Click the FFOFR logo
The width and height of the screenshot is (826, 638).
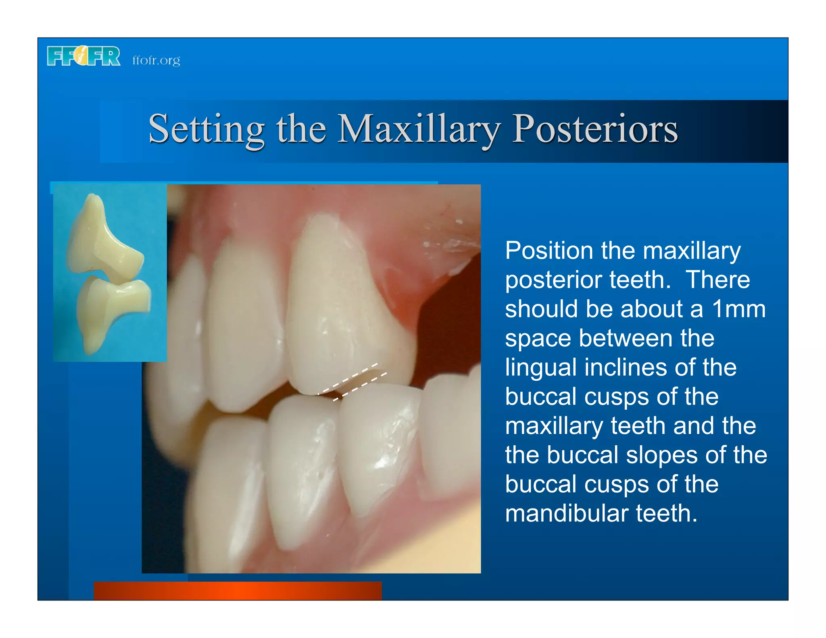coord(83,56)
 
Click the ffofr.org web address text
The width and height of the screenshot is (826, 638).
coord(156,60)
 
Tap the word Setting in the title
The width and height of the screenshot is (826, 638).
coord(206,129)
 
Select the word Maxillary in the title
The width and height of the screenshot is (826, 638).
coord(419,129)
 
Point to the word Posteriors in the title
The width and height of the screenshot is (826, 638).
coord(595,129)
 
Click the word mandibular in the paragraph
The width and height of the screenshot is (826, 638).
coord(567,513)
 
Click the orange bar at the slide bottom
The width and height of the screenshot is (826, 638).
coord(238,590)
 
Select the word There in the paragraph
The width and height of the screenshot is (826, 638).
coord(718,280)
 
